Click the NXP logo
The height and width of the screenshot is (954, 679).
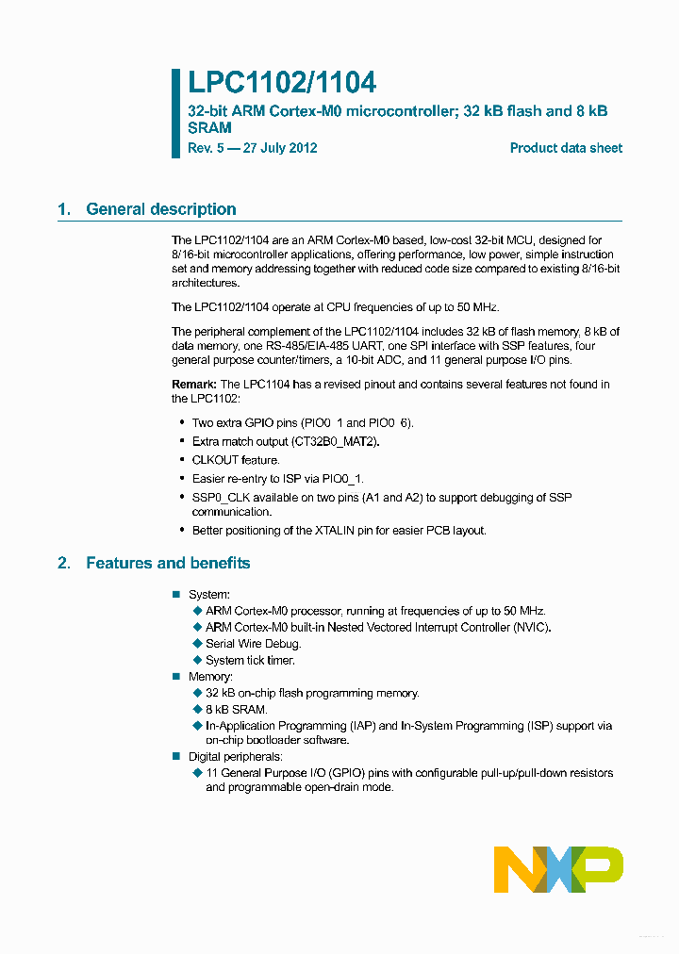point(558,869)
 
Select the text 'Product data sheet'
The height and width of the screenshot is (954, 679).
point(566,148)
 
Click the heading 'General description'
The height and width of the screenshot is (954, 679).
point(161,209)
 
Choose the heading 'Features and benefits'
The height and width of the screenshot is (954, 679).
point(168,563)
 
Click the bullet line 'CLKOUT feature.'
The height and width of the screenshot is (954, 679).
point(236,460)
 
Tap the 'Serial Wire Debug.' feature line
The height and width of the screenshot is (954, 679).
point(253,644)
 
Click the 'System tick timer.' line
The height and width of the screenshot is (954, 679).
point(250,661)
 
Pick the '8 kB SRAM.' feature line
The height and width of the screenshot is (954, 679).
point(236,710)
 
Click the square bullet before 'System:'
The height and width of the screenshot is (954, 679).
point(175,594)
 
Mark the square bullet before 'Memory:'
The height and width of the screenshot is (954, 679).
point(175,677)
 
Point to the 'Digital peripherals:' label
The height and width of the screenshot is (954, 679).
point(235,757)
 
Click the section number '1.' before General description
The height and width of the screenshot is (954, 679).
point(64,209)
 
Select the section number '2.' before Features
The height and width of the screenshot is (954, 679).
point(64,563)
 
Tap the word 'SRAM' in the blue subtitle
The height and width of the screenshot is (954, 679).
point(209,127)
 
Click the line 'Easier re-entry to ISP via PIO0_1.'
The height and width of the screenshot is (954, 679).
point(277,479)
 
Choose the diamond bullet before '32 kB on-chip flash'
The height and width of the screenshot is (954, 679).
point(197,693)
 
